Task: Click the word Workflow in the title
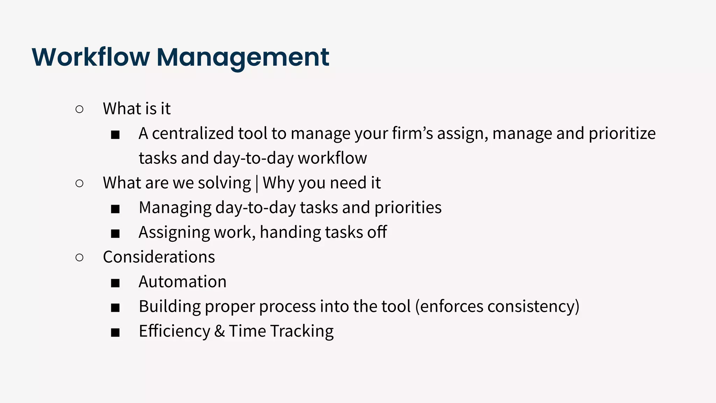91,57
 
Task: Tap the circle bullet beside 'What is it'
79,109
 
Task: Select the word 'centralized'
193,133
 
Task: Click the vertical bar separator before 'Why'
257,183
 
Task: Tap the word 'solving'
224,183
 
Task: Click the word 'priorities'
408,208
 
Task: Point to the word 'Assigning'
174,233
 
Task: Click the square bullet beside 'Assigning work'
115,233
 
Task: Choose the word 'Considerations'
159,257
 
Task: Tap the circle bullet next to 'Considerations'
79,258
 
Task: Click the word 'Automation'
182,282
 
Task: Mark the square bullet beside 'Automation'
115,283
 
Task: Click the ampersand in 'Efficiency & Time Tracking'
219,331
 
